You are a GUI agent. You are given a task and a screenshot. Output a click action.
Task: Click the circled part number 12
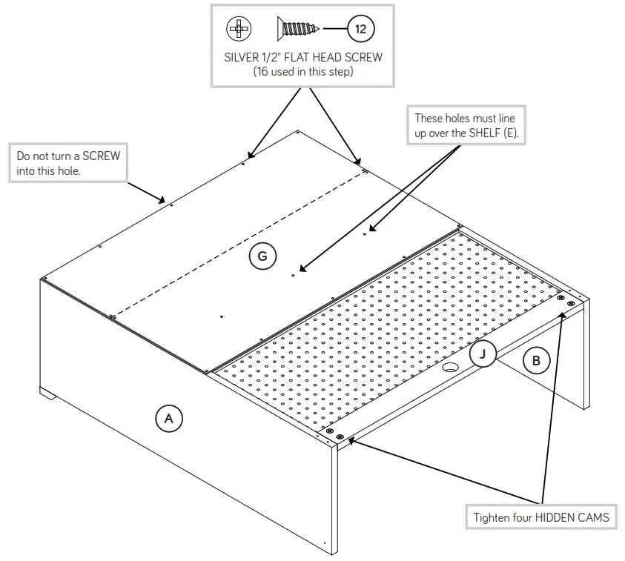click(x=360, y=30)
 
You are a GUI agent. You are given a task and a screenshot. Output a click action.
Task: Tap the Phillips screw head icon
click(x=239, y=30)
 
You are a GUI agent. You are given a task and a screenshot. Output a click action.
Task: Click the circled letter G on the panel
click(x=262, y=256)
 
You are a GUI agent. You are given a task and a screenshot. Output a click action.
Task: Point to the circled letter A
click(x=168, y=419)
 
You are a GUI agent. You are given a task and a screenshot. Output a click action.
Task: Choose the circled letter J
click(x=483, y=354)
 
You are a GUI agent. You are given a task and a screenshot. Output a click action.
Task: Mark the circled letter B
click(x=536, y=361)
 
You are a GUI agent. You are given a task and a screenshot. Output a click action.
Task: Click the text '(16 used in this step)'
click(x=302, y=72)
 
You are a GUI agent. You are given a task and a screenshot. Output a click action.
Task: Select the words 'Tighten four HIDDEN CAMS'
click(x=541, y=517)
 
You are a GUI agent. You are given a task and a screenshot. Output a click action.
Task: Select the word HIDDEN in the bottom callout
click(x=557, y=517)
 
